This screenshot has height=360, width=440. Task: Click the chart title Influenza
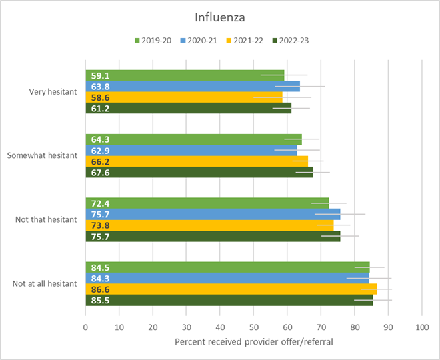pyautogui.click(x=220, y=16)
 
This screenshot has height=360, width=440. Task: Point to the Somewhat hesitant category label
pyautogui.click(x=42, y=155)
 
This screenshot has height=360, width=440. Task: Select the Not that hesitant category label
pyautogui.click(x=46, y=219)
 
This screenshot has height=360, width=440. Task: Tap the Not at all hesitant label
pyautogui.click(x=45, y=283)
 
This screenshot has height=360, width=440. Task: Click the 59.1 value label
pyautogui.click(x=101, y=76)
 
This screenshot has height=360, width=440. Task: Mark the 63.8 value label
pyautogui.click(x=101, y=87)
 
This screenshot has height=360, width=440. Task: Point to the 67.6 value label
pyautogui.click(x=101, y=172)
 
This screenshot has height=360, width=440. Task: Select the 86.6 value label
pyautogui.click(x=101, y=289)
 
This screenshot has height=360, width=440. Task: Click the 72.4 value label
pyautogui.click(x=101, y=203)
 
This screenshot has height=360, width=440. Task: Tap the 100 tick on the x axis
pyautogui.click(x=422, y=327)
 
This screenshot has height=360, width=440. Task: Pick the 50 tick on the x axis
pyautogui.click(x=254, y=327)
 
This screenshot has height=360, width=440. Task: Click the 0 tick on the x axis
pyautogui.click(x=86, y=327)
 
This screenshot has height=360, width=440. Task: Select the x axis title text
pyautogui.click(x=253, y=342)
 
